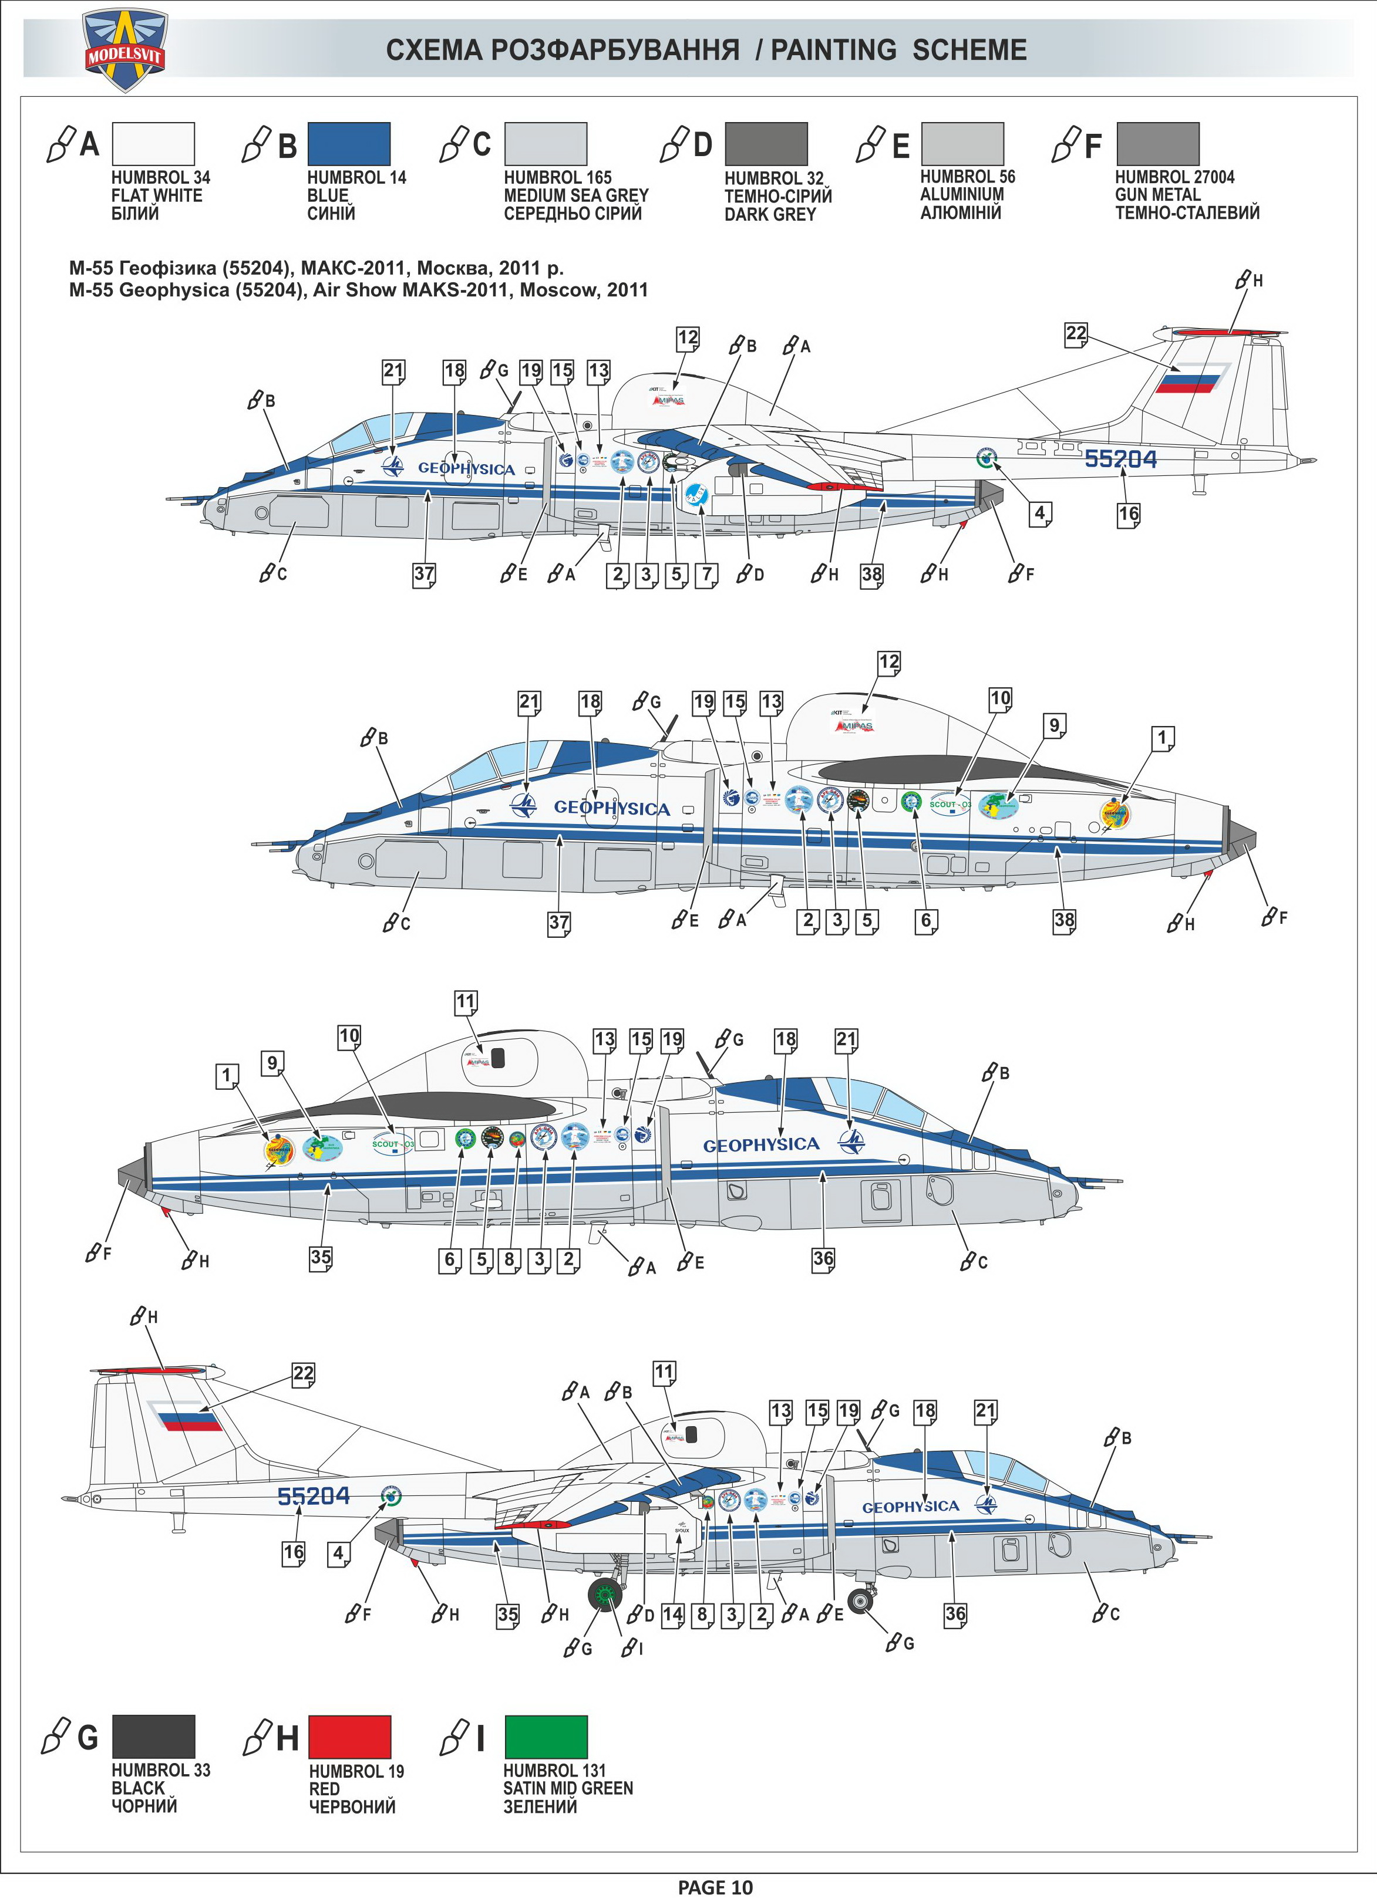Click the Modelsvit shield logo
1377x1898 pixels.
coord(126,49)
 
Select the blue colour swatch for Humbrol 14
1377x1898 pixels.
coord(348,144)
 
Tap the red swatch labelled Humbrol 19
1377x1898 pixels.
coord(349,1737)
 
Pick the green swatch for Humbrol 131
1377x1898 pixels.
coord(546,1737)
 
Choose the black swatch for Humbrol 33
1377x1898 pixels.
coord(153,1737)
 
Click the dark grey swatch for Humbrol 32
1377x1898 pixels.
coord(766,144)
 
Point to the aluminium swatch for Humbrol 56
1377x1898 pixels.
coord(962,144)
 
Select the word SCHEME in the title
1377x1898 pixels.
coord(969,50)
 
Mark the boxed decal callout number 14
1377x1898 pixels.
coord(672,1615)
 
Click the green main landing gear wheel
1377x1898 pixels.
coord(605,1596)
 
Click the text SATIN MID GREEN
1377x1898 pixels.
coord(568,1788)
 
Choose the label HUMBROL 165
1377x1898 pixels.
coord(557,177)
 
